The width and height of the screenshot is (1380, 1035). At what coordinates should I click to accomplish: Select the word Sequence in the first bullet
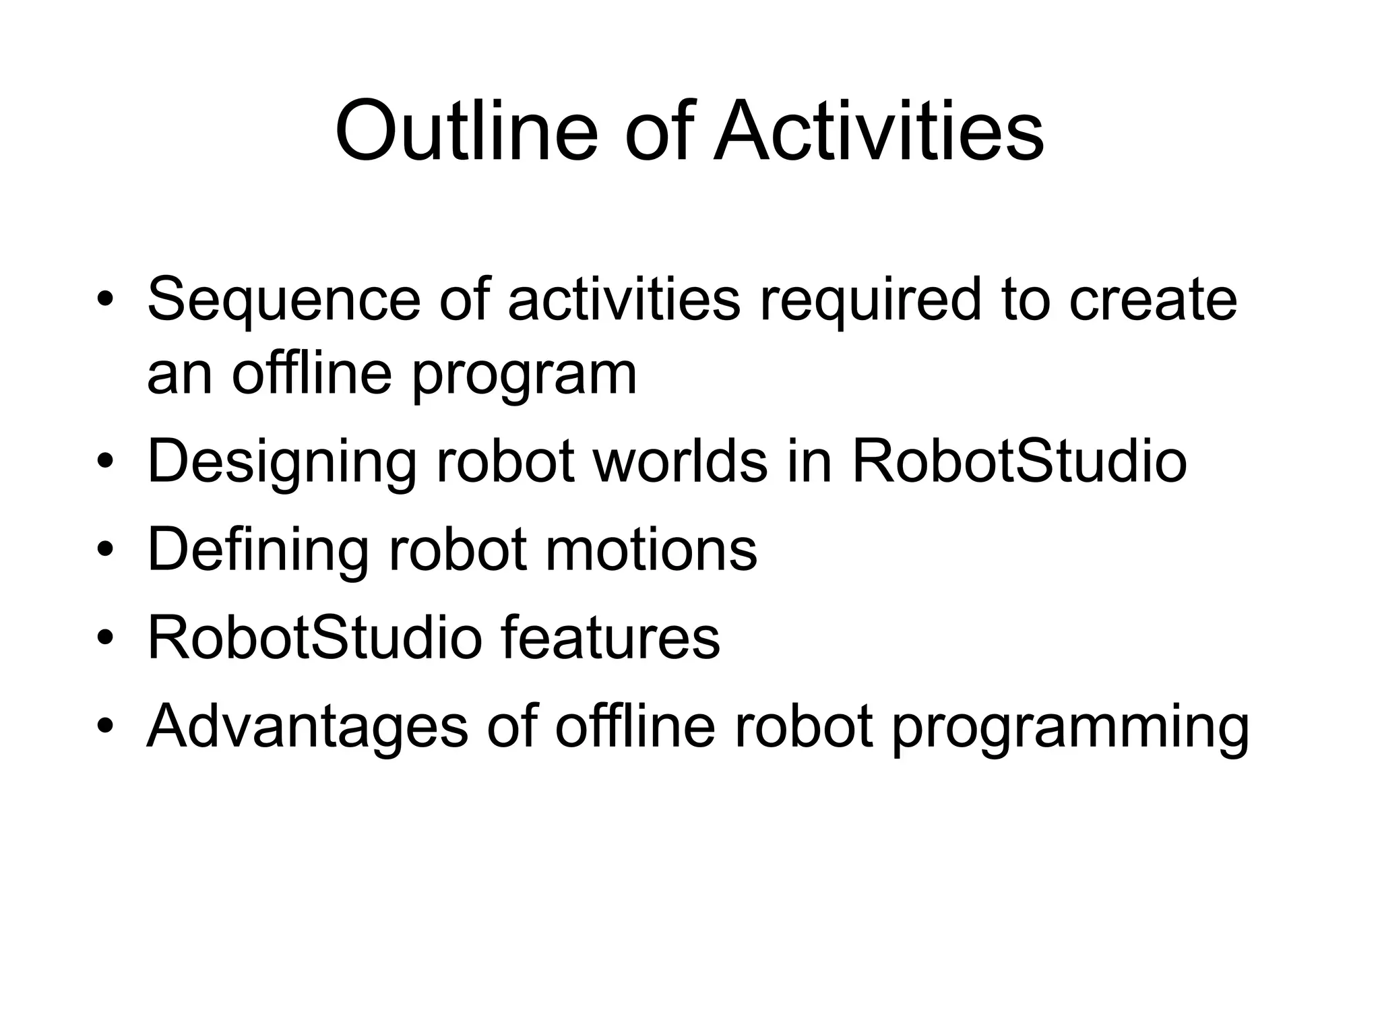point(284,301)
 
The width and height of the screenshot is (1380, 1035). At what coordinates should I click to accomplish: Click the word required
point(870,301)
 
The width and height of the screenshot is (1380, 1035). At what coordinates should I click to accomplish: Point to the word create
point(1153,301)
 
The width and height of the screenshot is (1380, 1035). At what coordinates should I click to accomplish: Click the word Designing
point(282,464)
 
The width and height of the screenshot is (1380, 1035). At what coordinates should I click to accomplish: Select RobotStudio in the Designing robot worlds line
point(1020,462)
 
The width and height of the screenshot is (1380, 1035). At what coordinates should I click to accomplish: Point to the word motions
point(651,551)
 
